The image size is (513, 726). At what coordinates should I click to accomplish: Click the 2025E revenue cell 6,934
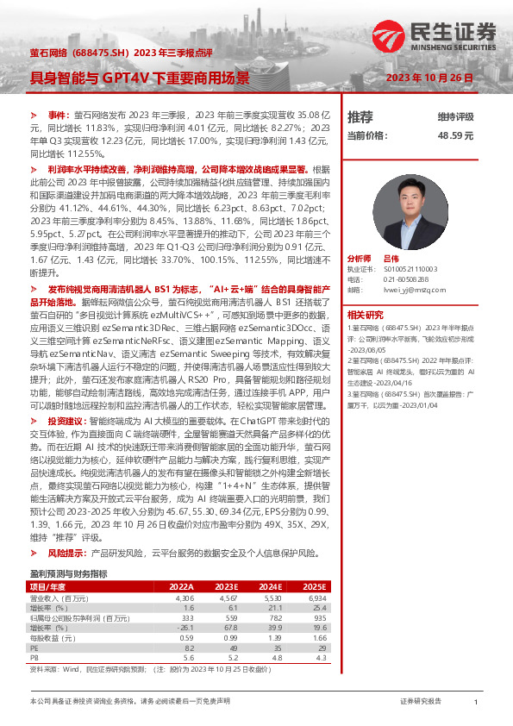point(316,597)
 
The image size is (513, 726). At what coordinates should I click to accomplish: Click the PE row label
point(35,649)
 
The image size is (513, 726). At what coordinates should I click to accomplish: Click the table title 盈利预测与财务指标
point(68,573)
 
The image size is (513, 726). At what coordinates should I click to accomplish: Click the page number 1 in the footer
point(476,703)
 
